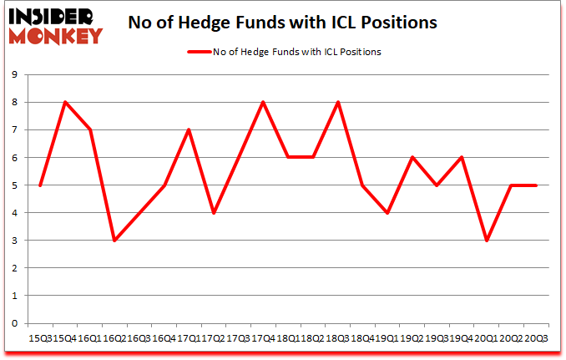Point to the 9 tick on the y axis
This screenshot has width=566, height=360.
coord(15,74)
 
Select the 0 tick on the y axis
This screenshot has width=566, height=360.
coord(15,323)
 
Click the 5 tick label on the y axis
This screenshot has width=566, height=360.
coord(15,185)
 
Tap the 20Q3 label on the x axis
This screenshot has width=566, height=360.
coord(535,339)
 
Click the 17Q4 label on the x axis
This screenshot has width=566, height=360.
coord(263,339)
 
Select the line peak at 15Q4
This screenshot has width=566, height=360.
coord(65,102)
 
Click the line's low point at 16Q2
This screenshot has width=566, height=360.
coord(114,241)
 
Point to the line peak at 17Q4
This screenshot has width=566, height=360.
coord(264,102)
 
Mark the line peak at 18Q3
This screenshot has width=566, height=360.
coord(338,102)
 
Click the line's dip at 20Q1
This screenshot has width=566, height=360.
coord(487,241)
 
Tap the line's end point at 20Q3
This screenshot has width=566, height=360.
coord(536,185)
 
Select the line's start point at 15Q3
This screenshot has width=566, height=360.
coord(40,185)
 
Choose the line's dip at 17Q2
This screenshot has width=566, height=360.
coord(214,213)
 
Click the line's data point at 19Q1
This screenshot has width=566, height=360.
coord(387,213)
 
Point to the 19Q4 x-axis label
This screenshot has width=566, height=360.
coord(461,339)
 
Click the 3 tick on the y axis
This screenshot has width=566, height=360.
coord(15,241)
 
